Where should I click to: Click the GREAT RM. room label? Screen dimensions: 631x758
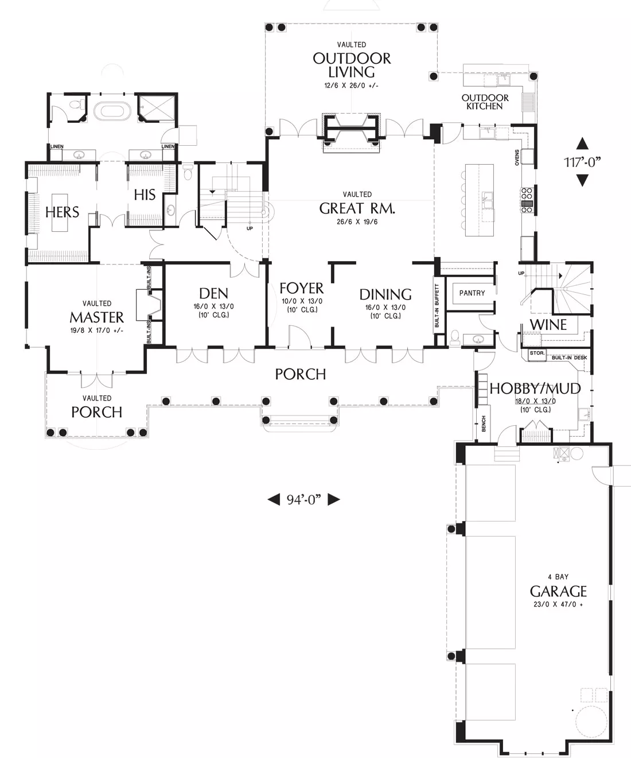[x=357, y=208]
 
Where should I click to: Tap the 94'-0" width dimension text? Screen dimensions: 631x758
[x=303, y=500]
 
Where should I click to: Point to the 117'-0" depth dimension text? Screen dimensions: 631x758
[x=582, y=162]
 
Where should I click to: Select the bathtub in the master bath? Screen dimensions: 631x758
[x=112, y=110]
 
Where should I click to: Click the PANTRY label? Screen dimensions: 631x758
[x=472, y=293]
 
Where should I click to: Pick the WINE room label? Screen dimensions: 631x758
[x=548, y=325]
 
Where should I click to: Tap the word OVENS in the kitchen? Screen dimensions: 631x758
[x=517, y=158]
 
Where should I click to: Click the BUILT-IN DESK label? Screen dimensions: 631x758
[x=569, y=357]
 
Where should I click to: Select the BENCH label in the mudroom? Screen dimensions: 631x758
[x=484, y=423]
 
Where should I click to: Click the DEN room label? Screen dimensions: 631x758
[x=214, y=293]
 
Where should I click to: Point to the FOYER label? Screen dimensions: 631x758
[x=301, y=288]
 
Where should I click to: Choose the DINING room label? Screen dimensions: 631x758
[x=385, y=294]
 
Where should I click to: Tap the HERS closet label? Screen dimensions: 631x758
[x=62, y=212]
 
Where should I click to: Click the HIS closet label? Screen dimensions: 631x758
[x=145, y=195]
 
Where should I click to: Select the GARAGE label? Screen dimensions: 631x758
[x=558, y=592]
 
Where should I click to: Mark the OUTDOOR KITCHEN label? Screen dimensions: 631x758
[x=485, y=102]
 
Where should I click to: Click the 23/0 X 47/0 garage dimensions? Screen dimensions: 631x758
[x=558, y=604]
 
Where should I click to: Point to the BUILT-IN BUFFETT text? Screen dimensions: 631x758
[x=437, y=305]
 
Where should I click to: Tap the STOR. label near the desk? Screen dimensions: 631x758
[x=537, y=353]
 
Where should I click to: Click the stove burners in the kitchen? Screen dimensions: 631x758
[x=527, y=200]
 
